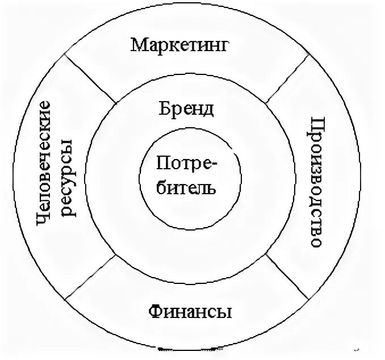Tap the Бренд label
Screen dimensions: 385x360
(x=186, y=108)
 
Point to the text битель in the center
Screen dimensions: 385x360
(x=186, y=186)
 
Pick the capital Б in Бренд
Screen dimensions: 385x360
(x=164, y=107)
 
